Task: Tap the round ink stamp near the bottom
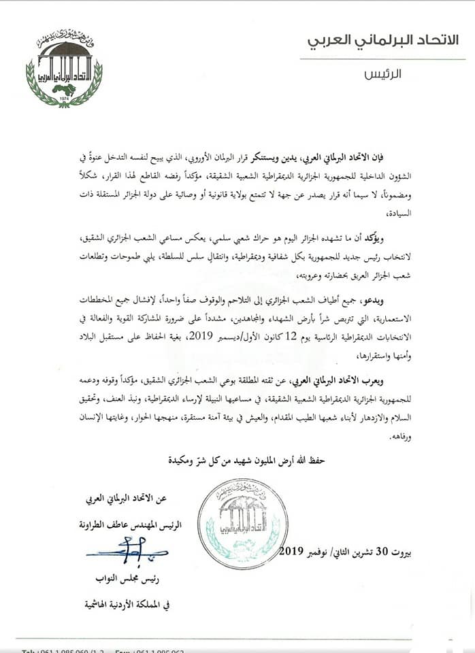(239, 522)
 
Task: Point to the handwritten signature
(129, 548)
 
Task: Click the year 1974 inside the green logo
(64, 97)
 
